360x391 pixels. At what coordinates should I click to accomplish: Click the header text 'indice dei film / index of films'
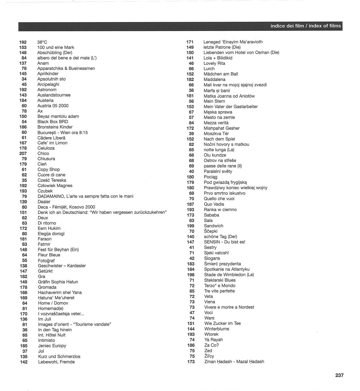coord(305,26)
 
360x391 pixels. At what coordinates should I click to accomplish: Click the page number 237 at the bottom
coord(339,375)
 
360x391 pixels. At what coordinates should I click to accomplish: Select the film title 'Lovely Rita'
coord(214,63)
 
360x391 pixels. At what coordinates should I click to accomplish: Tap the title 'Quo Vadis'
coord(214,204)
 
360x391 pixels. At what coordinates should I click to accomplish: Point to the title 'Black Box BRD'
coord(53,122)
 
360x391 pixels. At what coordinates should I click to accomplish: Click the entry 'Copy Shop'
coord(49,169)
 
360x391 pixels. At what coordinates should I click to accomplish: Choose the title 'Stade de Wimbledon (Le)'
coord(229,275)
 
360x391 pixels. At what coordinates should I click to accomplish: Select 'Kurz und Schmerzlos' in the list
coord(59,357)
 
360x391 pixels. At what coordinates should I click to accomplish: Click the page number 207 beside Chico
coord(23,154)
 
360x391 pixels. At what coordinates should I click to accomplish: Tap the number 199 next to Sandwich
coord(190,226)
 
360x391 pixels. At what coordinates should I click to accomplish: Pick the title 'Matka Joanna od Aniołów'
coord(229,96)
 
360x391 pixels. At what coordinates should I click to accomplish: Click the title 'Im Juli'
coord(44,319)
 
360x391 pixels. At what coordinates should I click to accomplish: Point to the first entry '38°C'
coord(42,42)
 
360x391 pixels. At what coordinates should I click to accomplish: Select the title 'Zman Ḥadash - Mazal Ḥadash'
coord(234,362)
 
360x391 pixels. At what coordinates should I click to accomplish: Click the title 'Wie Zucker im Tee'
coord(222,323)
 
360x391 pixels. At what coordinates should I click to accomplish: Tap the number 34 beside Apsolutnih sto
coord(24,79)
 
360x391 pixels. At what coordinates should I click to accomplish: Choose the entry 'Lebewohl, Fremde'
coord(56,362)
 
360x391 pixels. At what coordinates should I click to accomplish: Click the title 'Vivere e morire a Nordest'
coord(229,307)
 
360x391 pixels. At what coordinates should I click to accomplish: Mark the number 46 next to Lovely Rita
coord(191,63)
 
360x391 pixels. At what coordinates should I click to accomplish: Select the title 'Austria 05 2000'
coord(53,106)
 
